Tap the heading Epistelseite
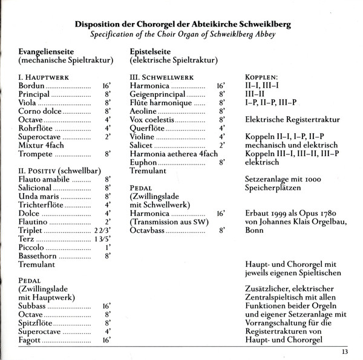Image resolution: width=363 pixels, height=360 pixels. click(154, 53)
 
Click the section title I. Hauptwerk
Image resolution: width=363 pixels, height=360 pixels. click(43, 78)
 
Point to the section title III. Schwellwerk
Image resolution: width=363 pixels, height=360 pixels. click(162, 78)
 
